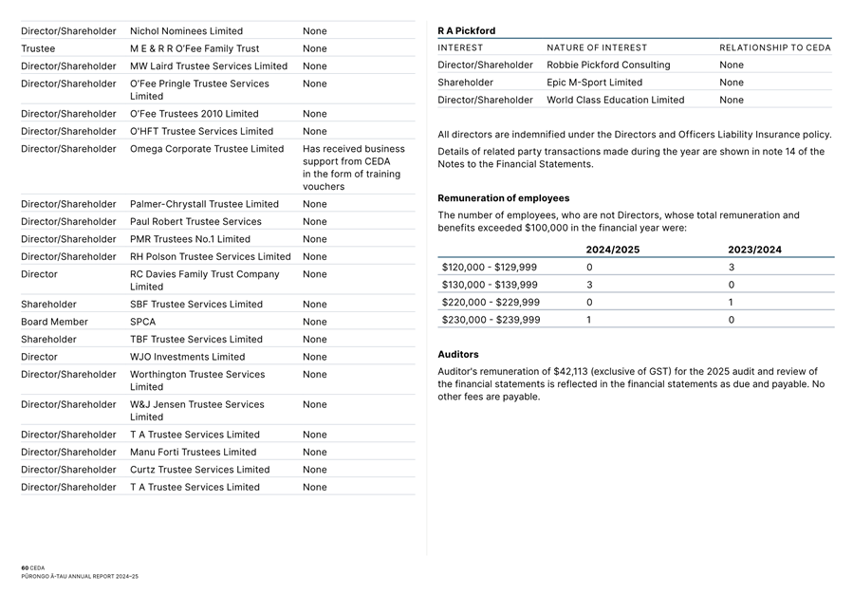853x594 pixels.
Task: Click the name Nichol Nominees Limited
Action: (x=186, y=31)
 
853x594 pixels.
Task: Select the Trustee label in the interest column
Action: (x=38, y=48)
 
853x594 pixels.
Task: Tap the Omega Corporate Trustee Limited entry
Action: (x=207, y=149)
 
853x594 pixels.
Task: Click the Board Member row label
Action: (x=54, y=322)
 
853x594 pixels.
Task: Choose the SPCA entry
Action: (x=142, y=322)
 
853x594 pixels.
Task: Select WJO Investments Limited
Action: (x=187, y=357)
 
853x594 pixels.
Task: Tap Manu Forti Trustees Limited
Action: (x=193, y=452)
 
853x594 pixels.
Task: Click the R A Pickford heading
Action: (x=467, y=30)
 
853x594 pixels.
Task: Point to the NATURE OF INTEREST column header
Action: (x=597, y=47)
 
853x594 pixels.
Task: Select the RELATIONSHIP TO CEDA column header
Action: (x=774, y=47)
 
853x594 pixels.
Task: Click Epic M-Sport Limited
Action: (x=594, y=83)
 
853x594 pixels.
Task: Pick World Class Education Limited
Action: (x=615, y=100)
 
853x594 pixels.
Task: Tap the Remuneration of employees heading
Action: (x=503, y=198)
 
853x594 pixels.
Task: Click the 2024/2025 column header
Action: (x=612, y=250)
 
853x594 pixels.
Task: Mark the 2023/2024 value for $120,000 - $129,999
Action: (x=732, y=268)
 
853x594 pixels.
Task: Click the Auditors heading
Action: (x=458, y=355)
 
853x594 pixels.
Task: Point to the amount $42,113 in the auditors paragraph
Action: (x=572, y=371)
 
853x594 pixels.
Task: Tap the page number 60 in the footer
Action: (x=25, y=567)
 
